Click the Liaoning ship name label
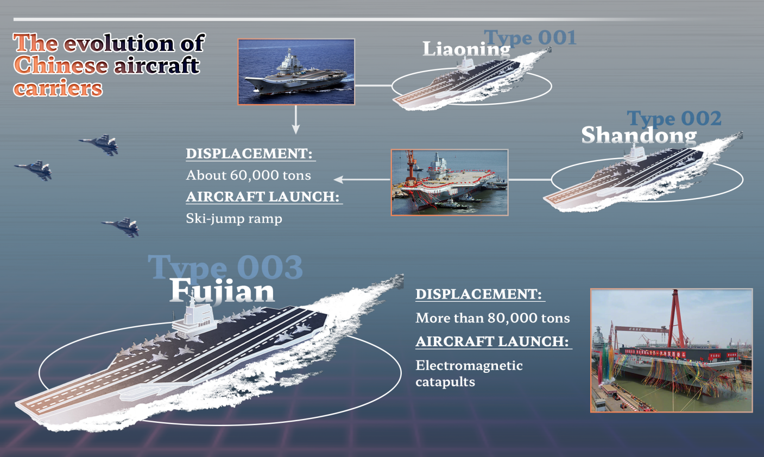click(x=466, y=49)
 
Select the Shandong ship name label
click(x=639, y=135)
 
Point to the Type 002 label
click(x=674, y=118)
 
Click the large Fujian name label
click(x=222, y=291)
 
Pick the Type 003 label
click(x=225, y=268)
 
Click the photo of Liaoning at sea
click(x=296, y=72)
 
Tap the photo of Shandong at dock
click(x=450, y=182)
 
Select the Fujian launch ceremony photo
click(x=671, y=351)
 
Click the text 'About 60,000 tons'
click(x=248, y=175)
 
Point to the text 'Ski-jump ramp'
click(x=234, y=219)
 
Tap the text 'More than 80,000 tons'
click(x=493, y=318)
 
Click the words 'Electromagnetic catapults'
click(x=469, y=373)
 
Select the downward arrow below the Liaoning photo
click(x=296, y=119)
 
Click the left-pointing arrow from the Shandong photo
click(x=362, y=180)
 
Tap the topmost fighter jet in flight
click(x=99, y=144)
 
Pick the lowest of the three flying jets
click(x=121, y=227)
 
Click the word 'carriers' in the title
click(x=58, y=88)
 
